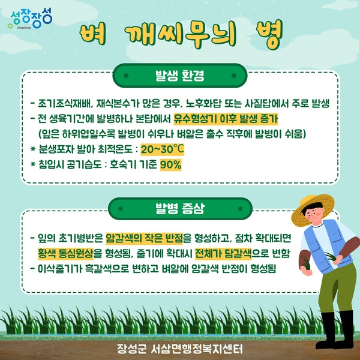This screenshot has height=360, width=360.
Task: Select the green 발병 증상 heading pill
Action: pyautogui.click(x=179, y=209)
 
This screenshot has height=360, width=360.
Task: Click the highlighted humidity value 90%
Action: pyautogui.click(x=170, y=164)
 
